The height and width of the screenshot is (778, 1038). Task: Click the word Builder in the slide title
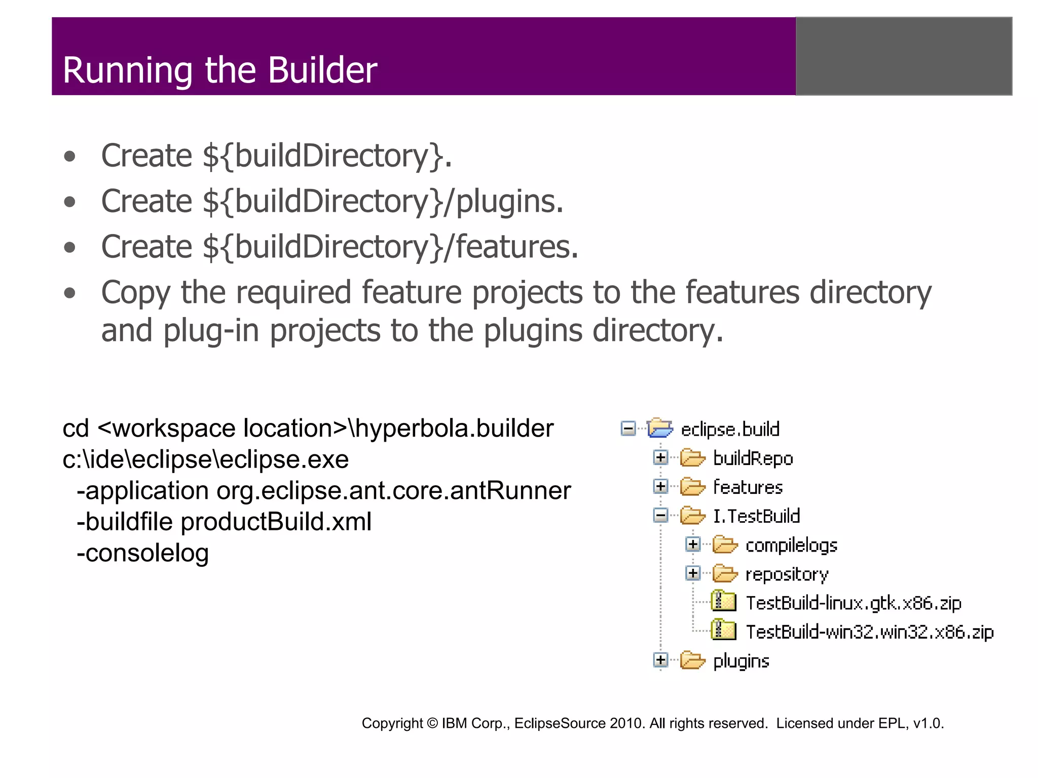(322, 70)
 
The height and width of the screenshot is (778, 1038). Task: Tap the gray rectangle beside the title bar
(904, 56)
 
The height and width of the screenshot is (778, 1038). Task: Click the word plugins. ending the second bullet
(509, 202)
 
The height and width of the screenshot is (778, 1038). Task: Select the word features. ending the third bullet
(516, 247)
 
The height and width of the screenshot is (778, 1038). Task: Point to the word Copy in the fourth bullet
(135, 293)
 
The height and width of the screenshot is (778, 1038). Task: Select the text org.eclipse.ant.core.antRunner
(393, 491)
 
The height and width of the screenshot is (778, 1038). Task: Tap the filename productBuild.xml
(276, 522)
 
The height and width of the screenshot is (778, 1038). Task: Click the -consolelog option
(142, 553)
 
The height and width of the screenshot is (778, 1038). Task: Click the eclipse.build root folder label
(730, 430)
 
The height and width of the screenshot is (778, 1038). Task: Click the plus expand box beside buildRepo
(660, 458)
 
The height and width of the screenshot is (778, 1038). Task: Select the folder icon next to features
(692, 487)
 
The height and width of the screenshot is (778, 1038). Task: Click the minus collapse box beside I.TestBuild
(660, 516)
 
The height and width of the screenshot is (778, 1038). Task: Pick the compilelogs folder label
(791, 545)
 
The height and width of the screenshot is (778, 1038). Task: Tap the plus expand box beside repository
(693, 573)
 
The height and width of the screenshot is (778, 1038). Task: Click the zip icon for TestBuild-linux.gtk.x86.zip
(723, 602)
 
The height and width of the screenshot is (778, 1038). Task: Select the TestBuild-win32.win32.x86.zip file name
(870, 632)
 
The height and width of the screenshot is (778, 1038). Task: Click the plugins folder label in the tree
(741, 661)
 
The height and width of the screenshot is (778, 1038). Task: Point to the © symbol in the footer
(432, 723)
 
